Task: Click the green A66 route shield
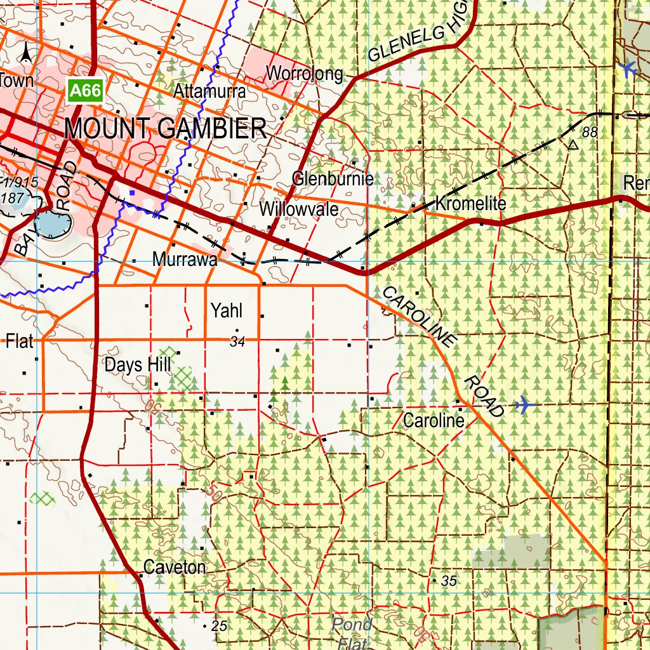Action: pos(85,91)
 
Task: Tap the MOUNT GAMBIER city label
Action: pos(165,129)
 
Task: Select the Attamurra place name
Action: pos(209,91)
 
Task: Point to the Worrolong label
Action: pos(304,74)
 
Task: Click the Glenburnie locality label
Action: pos(333,178)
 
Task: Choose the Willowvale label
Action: pos(299,209)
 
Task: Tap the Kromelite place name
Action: pos(471,204)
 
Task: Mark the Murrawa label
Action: pos(185,260)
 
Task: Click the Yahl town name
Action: pos(227,310)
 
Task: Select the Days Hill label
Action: pos(137,365)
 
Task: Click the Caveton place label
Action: pos(175,567)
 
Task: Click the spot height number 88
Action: pos(590,132)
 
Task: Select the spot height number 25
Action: pos(219,627)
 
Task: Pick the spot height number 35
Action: pos(449,581)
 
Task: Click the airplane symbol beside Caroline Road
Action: pos(524,404)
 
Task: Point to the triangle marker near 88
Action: pos(573,145)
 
